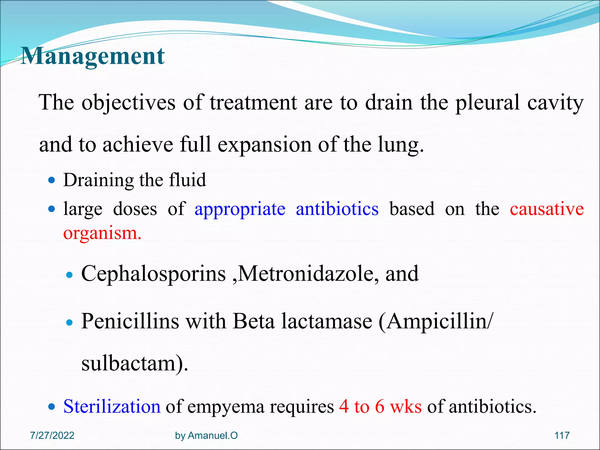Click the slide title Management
[x=93, y=56]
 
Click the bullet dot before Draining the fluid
[x=52, y=180]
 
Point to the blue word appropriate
[x=240, y=209]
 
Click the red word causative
[x=547, y=209]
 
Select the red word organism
[x=102, y=233]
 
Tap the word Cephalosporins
[x=153, y=274]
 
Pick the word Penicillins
[x=130, y=322]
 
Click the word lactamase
[x=327, y=322]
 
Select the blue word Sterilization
[x=112, y=407]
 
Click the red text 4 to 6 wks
[x=380, y=407]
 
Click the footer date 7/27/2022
[x=52, y=436]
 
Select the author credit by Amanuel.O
[x=206, y=436]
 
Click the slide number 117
[x=562, y=436]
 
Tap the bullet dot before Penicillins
[x=69, y=323]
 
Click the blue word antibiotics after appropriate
[x=337, y=209]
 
